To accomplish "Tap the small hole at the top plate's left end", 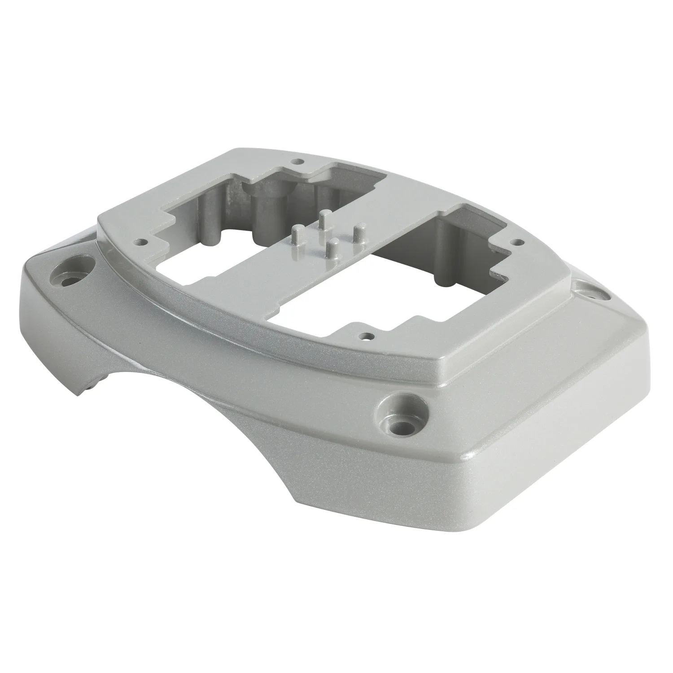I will [x=142, y=241].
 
